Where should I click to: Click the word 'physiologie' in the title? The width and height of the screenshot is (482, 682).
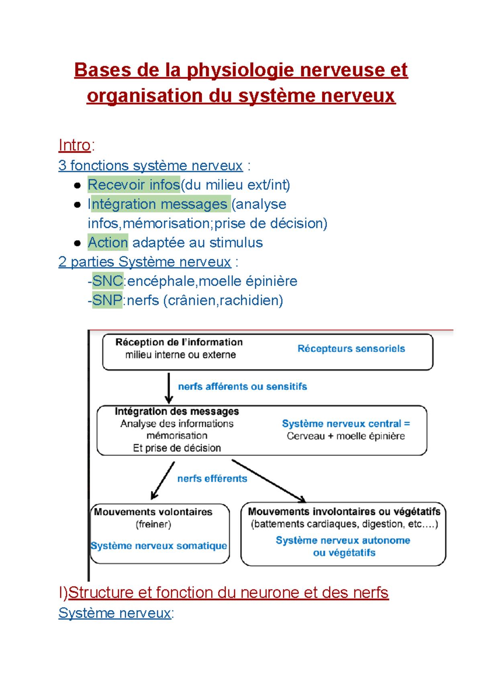241,70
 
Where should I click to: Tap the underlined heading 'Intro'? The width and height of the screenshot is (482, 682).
74,145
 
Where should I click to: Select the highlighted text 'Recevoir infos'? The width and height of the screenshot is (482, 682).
134,185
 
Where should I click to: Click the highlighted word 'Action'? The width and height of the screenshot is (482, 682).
108,243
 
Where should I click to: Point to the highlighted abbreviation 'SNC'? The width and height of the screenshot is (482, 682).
107,281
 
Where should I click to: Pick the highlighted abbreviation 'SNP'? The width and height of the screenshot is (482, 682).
107,300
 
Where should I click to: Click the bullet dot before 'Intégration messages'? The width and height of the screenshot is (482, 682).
78,204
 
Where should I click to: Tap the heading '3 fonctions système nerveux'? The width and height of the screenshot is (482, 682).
150,165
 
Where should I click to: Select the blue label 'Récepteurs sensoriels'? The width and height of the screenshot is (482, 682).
351,349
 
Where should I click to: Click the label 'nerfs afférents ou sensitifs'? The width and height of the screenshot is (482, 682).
242,386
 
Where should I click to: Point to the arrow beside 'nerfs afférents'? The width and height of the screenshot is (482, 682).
169,388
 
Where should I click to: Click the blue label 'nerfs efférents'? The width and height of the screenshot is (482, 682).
212,479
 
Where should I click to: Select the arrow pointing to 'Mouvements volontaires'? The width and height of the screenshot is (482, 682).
163,480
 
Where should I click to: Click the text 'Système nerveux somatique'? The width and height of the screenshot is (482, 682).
159,546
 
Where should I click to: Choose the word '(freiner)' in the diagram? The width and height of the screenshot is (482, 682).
153,524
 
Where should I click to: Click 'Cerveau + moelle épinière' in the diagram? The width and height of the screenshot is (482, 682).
345,436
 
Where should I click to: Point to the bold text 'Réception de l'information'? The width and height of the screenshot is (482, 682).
179,342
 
